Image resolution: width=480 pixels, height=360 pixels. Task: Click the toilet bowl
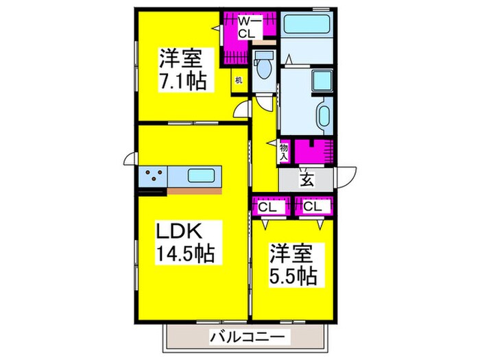[263, 67]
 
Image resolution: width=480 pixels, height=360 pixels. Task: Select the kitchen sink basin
[202, 176]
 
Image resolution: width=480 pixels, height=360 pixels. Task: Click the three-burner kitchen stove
[153, 176]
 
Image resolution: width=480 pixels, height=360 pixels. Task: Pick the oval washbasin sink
[324, 113]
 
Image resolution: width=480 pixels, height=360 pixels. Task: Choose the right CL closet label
[313, 205]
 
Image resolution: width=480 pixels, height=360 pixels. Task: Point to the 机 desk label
[239, 80]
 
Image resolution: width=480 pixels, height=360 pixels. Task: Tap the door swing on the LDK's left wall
[130, 160]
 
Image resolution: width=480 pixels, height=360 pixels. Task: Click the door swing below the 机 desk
[241, 112]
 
